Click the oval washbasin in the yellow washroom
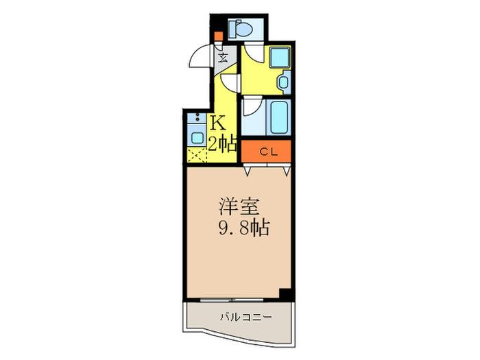285,83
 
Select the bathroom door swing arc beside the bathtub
252,107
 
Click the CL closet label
268,152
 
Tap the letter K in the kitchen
219,123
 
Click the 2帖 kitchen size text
223,144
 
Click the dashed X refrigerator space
196,156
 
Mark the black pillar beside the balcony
288,294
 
